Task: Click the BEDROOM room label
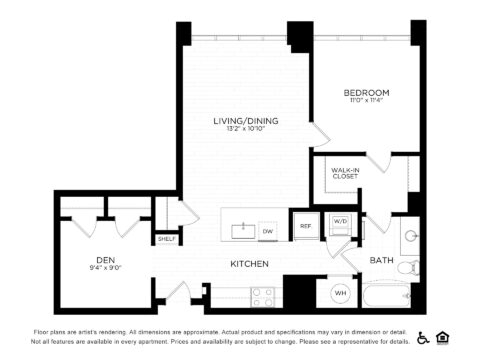pos(367,92)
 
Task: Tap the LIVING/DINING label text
pos(245,121)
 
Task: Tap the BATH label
pos(382,260)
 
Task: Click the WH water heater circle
pos(338,293)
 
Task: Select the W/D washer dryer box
pos(340,221)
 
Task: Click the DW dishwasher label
pos(267,231)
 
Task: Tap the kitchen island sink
pos(242,230)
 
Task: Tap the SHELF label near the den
pos(166,239)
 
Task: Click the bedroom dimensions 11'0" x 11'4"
pos(367,101)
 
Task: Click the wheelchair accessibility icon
pos(423,337)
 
